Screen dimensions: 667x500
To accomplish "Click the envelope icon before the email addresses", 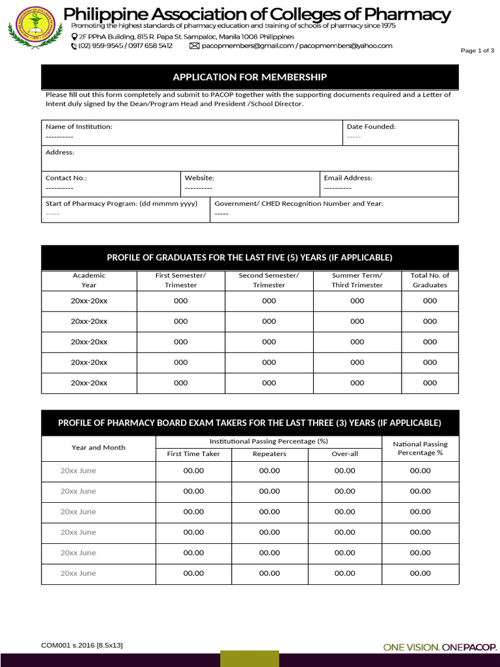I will click(x=194, y=46).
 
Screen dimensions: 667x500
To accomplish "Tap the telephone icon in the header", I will click(x=74, y=46).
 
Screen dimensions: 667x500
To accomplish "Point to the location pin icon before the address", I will click(x=74, y=37).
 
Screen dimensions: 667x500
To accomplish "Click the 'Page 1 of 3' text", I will click(x=477, y=51).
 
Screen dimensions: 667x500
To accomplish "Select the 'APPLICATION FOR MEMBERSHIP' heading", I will click(x=249, y=78).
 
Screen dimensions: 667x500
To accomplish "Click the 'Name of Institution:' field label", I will click(x=79, y=126).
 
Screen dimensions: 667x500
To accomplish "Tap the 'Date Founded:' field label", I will click(x=371, y=126).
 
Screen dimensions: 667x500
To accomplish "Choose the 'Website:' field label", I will click(x=199, y=178).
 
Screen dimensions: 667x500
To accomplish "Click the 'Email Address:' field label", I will click(x=348, y=178).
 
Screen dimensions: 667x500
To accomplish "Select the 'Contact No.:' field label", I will click(x=66, y=178).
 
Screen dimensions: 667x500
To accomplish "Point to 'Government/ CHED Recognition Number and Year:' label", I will click(x=299, y=203).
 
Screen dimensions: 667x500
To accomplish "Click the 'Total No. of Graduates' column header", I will click(x=430, y=280).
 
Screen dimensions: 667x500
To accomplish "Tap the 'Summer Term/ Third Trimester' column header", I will click(x=357, y=280).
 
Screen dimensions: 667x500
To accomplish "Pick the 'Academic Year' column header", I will click(x=89, y=280).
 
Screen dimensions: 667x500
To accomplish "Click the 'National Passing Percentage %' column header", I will click(x=420, y=448).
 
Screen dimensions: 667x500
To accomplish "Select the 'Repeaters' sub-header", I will click(x=269, y=453).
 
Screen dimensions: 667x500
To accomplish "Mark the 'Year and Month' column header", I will click(x=98, y=447).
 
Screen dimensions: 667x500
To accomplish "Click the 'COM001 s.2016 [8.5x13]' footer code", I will click(x=82, y=645).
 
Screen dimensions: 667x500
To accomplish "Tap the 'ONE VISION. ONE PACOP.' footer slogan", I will click(x=439, y=647).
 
